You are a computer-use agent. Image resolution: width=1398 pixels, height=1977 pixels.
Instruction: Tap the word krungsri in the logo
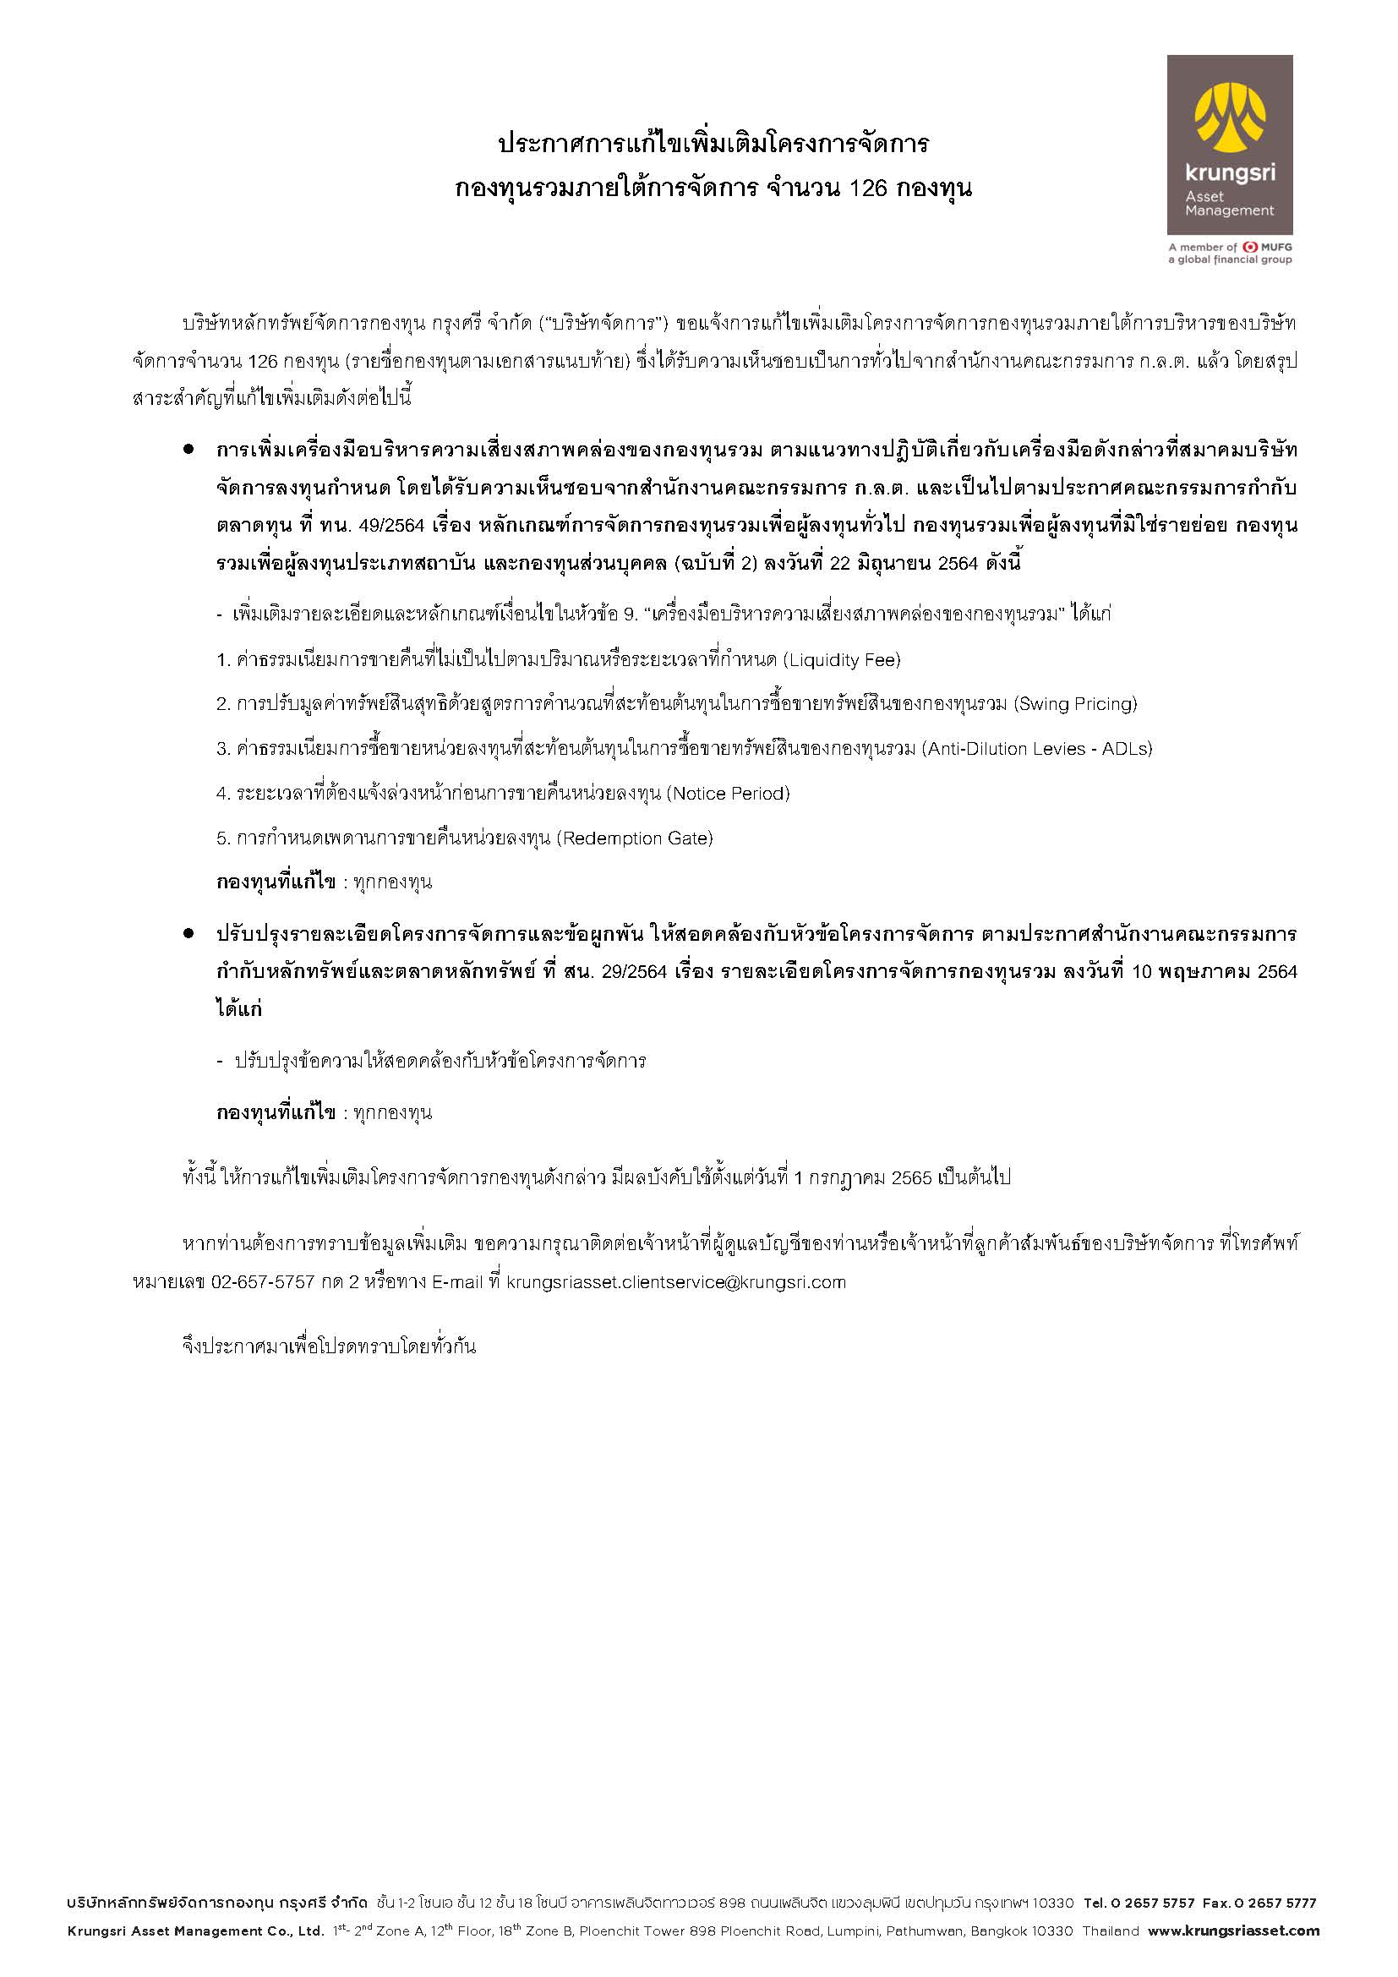click(1229, 173)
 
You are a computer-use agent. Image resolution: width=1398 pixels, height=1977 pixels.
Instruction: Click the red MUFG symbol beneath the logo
click(1250, 247)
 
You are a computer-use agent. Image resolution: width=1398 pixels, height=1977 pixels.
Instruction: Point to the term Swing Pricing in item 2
click(1076, 704)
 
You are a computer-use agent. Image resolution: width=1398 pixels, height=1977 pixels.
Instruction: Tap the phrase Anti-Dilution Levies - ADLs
click(1037, 749)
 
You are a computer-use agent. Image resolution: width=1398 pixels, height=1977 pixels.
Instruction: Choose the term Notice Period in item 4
click(729, 794)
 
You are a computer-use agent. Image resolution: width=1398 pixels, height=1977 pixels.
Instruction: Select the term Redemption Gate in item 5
click(636, 838)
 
